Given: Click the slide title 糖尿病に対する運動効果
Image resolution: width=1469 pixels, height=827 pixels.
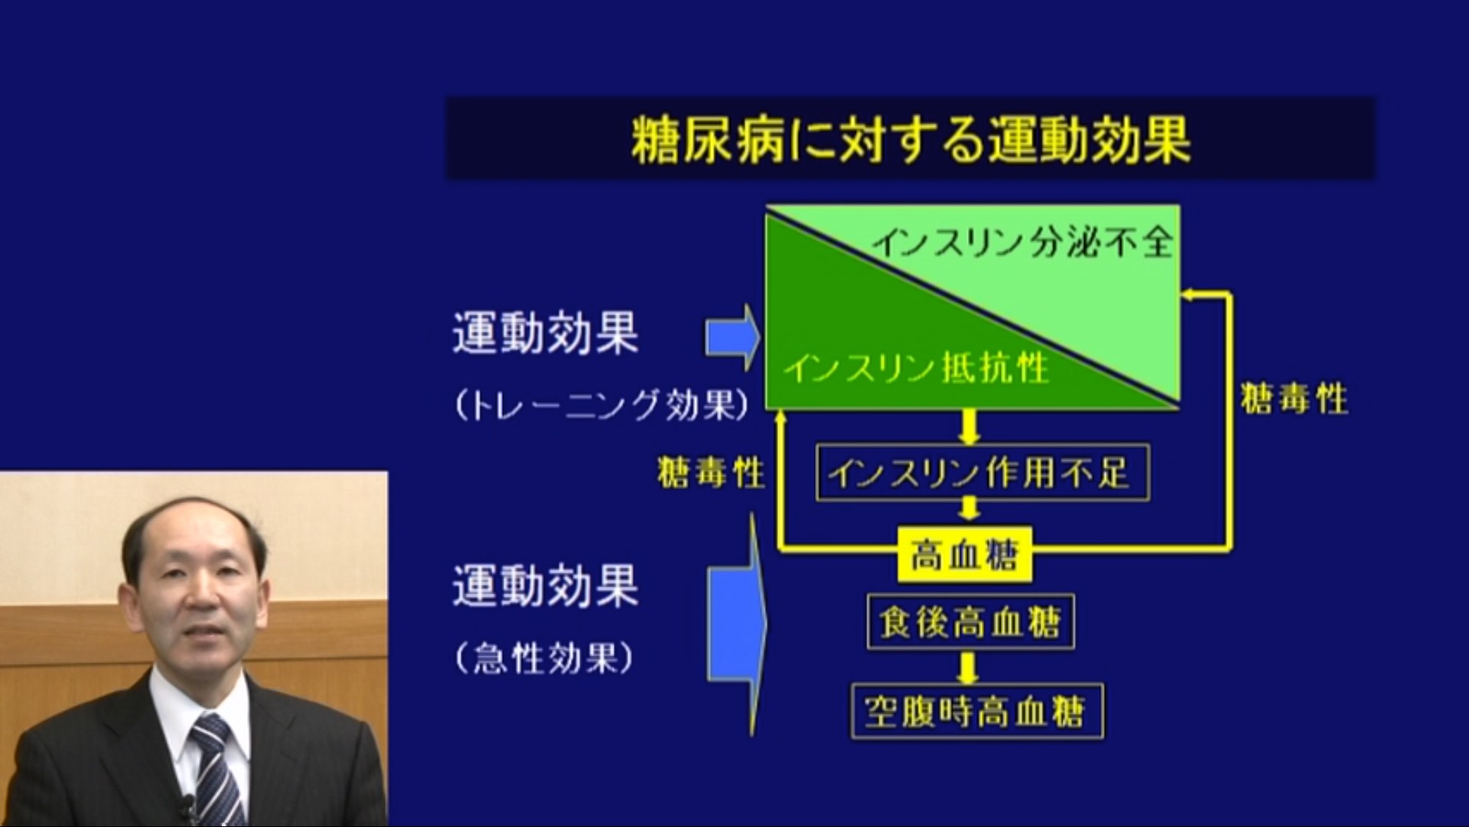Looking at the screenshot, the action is pos(910,139).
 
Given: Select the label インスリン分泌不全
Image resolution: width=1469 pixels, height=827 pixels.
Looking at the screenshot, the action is pos(1023,243).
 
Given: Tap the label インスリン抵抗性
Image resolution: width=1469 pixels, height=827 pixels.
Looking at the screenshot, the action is pos(916,368).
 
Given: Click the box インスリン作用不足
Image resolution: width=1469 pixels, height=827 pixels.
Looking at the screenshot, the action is pos(982,472).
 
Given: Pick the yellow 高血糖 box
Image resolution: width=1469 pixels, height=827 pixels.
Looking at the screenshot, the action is pos(965,554).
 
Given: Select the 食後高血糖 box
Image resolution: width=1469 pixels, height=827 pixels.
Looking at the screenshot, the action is pos(971,622).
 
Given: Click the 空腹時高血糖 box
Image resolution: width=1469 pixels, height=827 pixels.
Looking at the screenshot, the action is pos(977,711).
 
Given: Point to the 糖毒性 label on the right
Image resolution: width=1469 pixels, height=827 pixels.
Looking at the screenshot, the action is pos(1294,399).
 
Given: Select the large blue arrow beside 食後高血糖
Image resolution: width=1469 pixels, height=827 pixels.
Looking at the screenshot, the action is pos(736,624).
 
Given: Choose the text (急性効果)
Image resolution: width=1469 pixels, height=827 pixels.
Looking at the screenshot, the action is pos(544,658).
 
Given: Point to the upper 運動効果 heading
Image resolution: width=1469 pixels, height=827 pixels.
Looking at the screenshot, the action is pos(546,332).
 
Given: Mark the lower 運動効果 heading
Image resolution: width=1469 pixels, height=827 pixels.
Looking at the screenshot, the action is pos(546,586).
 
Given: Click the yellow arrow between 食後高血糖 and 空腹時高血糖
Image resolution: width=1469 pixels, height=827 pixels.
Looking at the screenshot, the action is pos(969,667).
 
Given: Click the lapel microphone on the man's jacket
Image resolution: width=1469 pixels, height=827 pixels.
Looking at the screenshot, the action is pos(186,806).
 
